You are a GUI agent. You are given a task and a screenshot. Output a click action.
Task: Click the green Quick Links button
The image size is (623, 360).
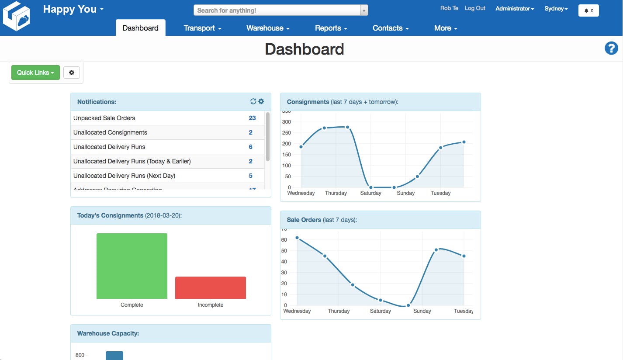point(35,73)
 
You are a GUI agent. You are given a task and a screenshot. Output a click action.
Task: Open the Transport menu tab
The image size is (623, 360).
point(202,28)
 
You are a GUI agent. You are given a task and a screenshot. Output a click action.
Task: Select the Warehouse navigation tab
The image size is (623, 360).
point(268,28)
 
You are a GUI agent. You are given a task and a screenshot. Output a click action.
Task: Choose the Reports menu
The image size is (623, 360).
point(331,28)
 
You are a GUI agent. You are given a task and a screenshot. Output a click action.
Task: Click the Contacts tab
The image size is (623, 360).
point(391,28)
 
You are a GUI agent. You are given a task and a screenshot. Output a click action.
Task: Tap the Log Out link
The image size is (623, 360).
point(475,8)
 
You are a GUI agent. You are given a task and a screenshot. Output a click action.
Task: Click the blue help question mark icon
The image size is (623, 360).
point(611,48)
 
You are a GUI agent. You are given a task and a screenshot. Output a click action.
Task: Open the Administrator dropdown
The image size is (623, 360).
point(515,9)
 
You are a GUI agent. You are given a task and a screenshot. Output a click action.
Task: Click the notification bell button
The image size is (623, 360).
point(588,10)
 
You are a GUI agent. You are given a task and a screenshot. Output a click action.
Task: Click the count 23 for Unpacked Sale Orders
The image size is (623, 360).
point(252,118)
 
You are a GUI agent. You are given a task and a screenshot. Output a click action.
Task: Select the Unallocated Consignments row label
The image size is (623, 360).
point(110,132)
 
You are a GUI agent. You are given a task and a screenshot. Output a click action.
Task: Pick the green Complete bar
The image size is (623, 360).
point(132,266)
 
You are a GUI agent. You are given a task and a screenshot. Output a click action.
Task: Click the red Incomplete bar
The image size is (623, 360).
point(211,287)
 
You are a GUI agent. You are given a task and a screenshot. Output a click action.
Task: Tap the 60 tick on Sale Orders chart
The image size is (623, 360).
point(284,240)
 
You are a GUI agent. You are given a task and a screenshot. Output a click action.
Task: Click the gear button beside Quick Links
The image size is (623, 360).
point(72,73)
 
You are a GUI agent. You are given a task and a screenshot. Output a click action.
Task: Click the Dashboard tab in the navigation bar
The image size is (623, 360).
point(141,28)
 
